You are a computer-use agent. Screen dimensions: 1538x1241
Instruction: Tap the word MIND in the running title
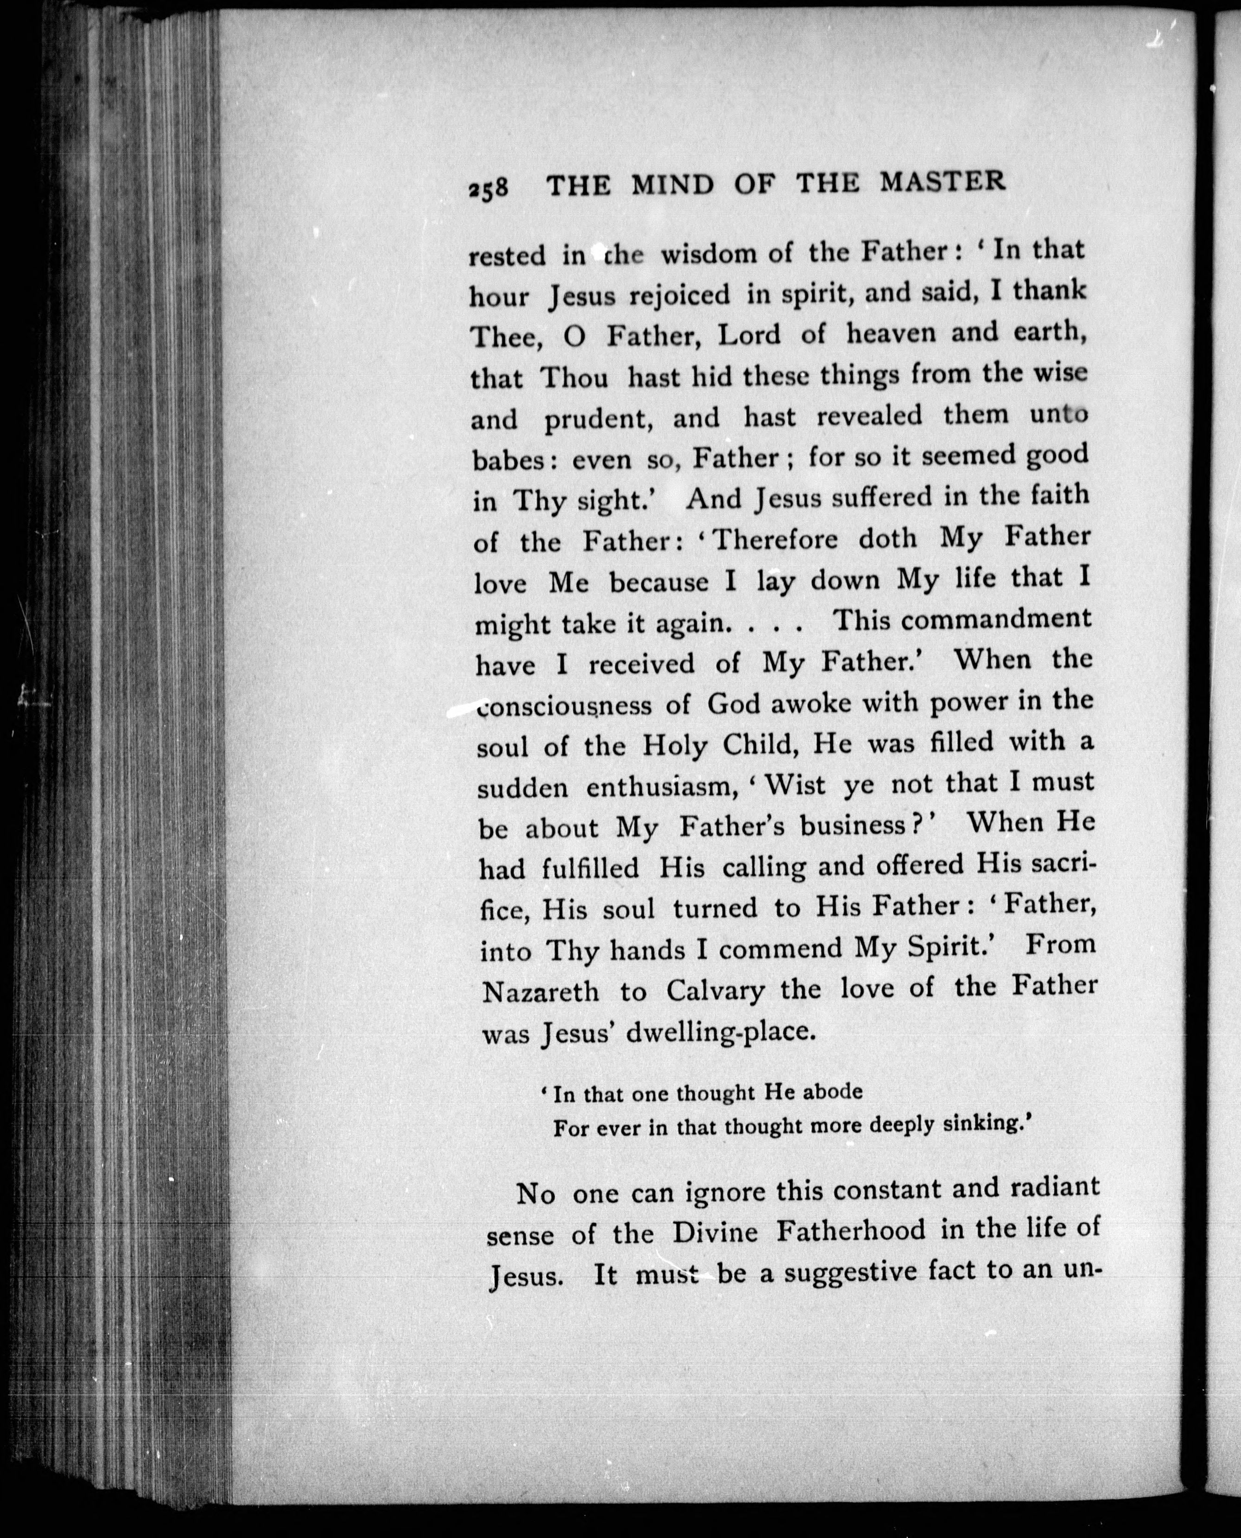click(673, 185)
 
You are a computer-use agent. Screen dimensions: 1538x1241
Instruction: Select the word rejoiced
click(668, 295)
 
